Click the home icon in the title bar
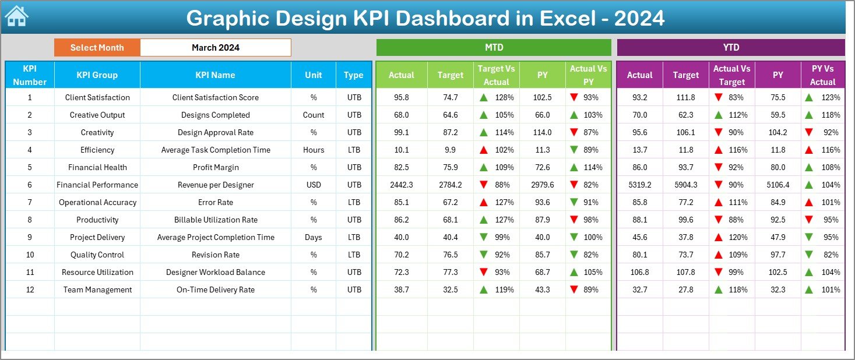(x=16, y=16)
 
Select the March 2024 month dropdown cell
(x=215, y=48)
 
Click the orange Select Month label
(x=97, y=48)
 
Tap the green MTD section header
(x=494, y=48)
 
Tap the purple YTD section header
(x=730, y=48)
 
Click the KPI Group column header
(x=97, y=75)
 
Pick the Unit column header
(x=314, y=75)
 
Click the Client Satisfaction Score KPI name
(x=215, y=97)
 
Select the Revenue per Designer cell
(x=215, y=185)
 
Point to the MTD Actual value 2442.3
(x=401, y=185)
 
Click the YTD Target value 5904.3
(x=685, y=185)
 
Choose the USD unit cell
(x=314, y=185)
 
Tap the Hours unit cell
(x=314, y=150)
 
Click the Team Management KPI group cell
(x=97, y=290)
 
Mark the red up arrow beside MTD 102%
(x=484, y=150)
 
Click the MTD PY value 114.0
(x=542, y=132)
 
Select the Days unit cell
(x=314, y=237)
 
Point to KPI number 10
(x=30, y=255)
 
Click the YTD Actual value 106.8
(x=639, y=272)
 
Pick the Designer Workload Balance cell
(x=215, y=272)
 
